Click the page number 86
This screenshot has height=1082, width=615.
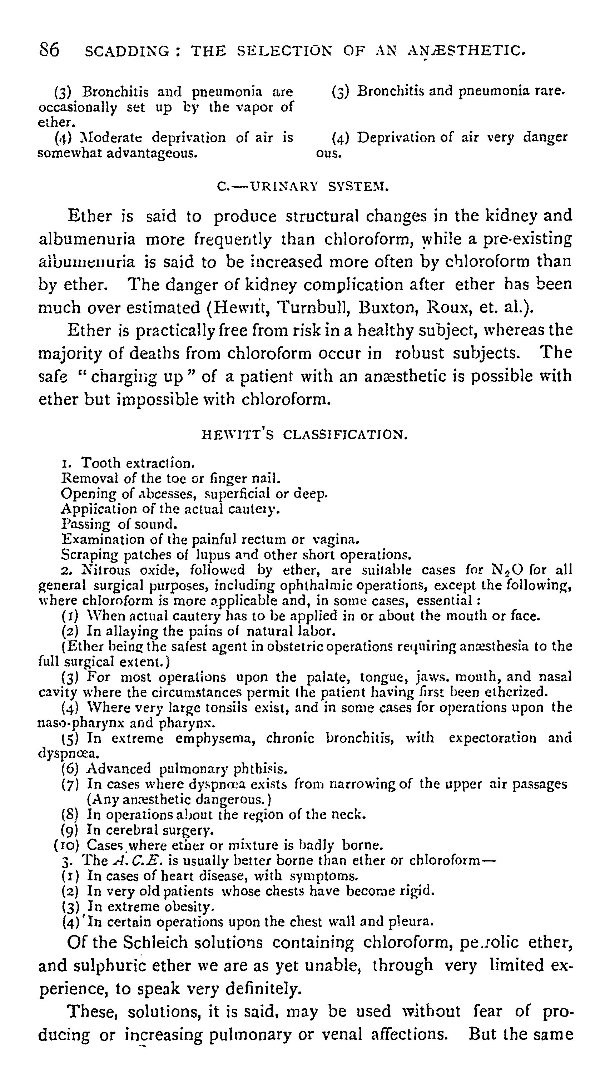coord(49,50)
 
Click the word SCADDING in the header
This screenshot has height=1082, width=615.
coord(127,51)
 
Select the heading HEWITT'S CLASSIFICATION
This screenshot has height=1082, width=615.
coord(305,435)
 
